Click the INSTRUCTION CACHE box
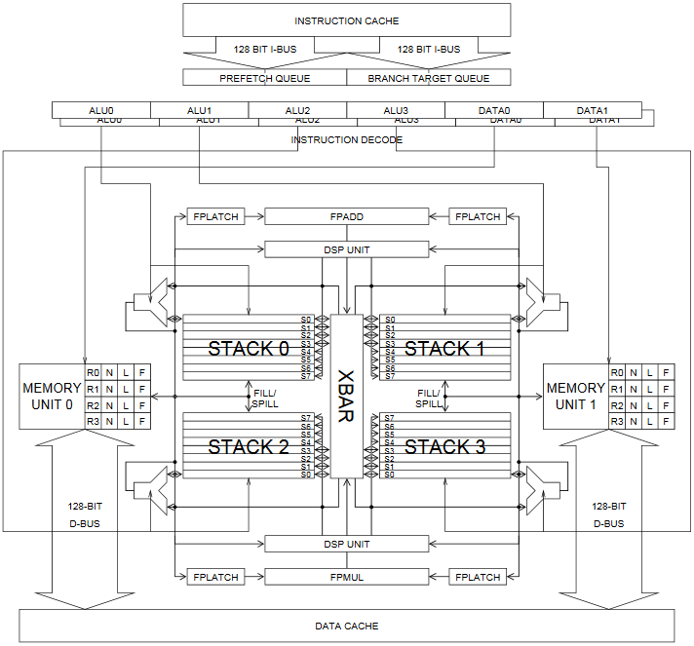tap(346, 20)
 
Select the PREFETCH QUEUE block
tap(262, 78)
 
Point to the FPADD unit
tap(346, 216)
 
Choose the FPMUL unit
tap(346, 577)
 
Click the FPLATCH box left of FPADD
tap(215, 216)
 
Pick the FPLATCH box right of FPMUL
tap(478, 577)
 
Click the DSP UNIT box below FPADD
tap(346, 249)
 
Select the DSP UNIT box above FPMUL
tap(346, 544)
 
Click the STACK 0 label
tap(249, 349)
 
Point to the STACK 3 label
tap(444, 447)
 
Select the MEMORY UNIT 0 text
tap(52, 397)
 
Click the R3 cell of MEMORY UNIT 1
tap(616, 422)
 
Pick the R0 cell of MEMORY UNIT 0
tap(94, 372)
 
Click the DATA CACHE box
tap(346, 626)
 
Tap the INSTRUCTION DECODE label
tap(346, 140)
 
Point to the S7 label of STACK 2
tap(306, 418)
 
